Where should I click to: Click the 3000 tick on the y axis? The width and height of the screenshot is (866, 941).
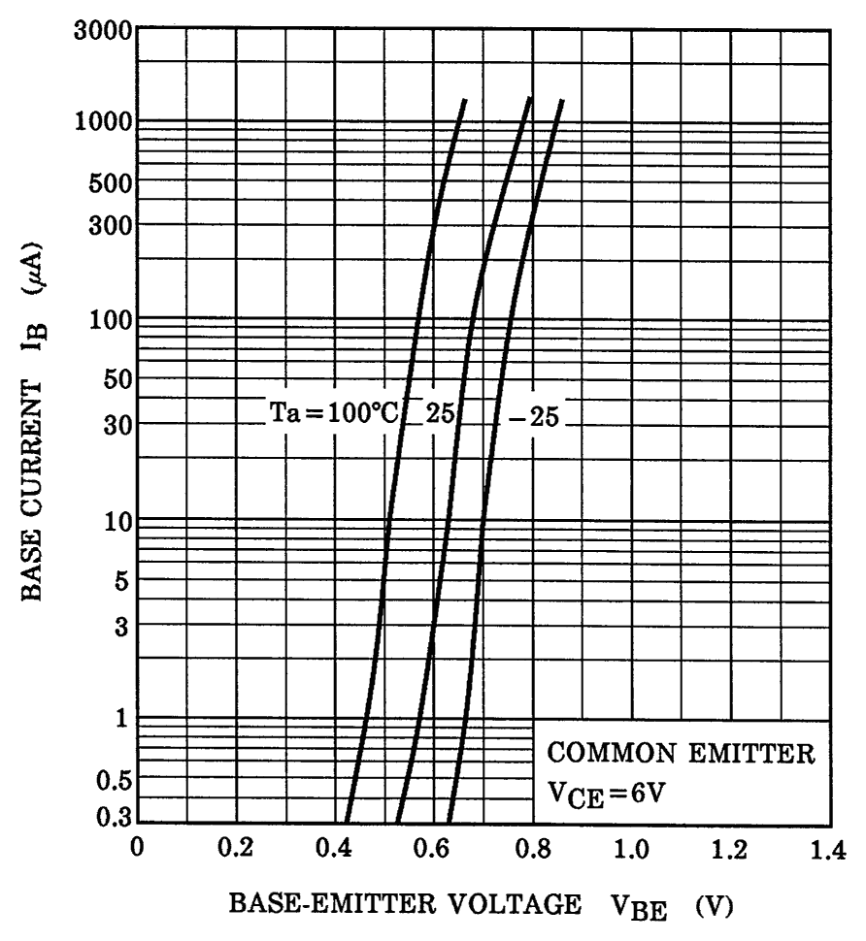pyautogui.click(x=104, y=28)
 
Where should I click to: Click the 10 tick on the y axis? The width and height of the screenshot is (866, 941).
pyautogui.click(x=117, y=521)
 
